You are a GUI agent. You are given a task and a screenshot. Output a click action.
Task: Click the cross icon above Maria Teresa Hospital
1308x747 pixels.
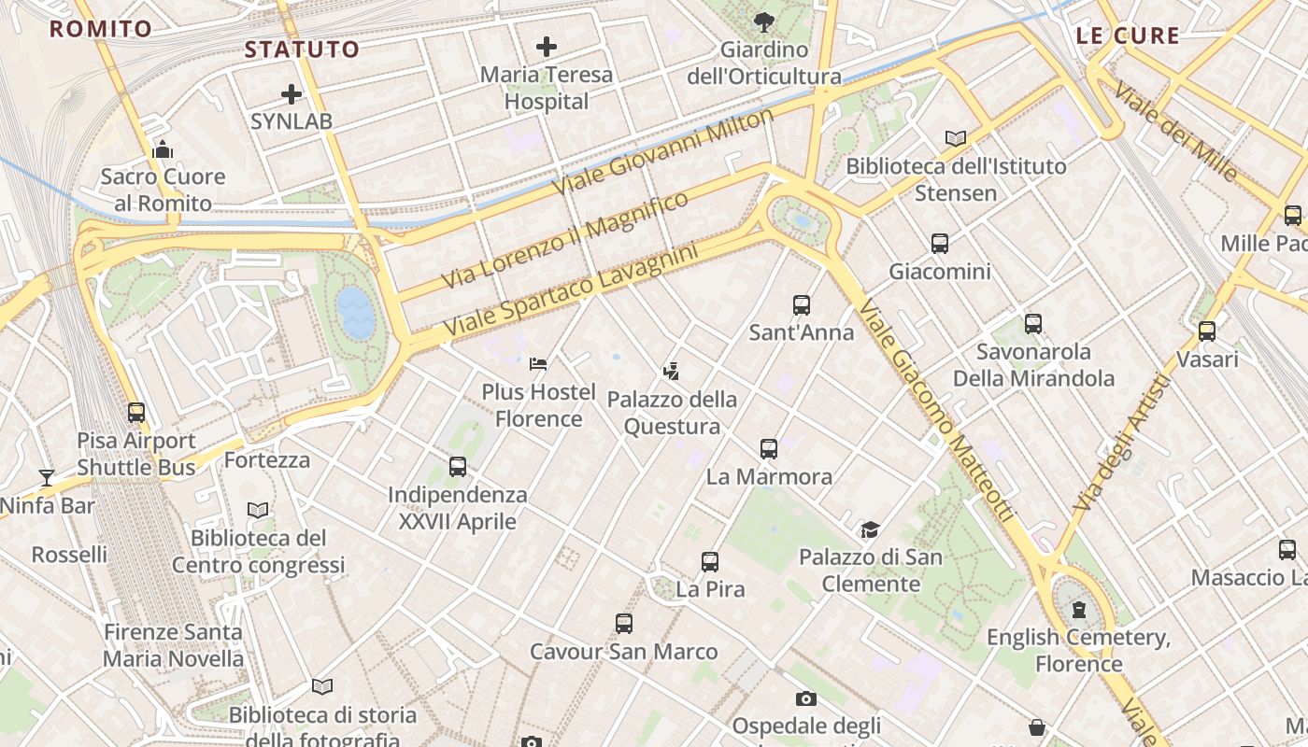pos(546,46)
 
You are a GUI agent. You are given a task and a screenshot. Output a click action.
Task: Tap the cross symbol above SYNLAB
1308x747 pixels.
pos(291,94)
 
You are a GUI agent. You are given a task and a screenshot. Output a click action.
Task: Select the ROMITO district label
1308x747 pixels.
pos(101,29)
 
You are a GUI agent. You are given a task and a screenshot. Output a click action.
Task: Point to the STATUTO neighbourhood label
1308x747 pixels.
pos(302,49)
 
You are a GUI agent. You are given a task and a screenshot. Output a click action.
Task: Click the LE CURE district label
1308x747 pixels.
pos(1128,36)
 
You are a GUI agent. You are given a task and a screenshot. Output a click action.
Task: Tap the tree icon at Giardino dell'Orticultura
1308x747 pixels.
pos(764,21)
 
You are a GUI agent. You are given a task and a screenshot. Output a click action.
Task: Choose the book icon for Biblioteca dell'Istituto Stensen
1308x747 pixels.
pos(955,139)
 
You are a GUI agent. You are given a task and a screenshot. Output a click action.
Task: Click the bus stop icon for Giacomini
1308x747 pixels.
pos(940,244)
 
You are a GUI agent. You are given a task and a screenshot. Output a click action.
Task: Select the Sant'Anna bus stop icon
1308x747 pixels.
pos(802,305)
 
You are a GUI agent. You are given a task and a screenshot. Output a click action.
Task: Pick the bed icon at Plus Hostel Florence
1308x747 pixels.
pos(538,363)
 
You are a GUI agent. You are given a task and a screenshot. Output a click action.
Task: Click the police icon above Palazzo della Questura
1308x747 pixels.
pos(670,372)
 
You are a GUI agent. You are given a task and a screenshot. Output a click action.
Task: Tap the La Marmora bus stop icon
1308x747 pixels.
pos(769,449)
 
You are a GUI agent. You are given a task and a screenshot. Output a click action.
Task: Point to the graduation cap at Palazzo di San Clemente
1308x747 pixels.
pos(870,529)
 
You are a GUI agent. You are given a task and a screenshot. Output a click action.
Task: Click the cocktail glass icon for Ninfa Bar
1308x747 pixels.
pos(46,478)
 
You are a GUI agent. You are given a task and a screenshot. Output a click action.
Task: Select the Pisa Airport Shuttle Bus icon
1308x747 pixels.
pos(136,412)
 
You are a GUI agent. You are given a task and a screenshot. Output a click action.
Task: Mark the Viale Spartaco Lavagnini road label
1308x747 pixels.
pos(571,291)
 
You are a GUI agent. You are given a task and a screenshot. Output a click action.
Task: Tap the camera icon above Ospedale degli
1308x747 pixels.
pos(805,698)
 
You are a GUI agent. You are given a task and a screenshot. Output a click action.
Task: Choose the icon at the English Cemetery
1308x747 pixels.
pos(1079,610)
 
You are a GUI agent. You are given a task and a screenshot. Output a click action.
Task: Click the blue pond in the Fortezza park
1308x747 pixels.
pos(356,312)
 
